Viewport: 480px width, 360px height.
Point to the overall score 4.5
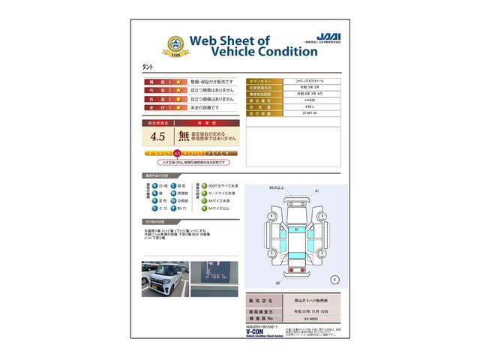pyautogui.click(x=157, y=136)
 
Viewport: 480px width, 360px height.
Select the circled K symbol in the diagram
pyautogui.click(x=334, y=279)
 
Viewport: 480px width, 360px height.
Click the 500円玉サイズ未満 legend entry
pyautogui.click(x=220, y=184)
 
